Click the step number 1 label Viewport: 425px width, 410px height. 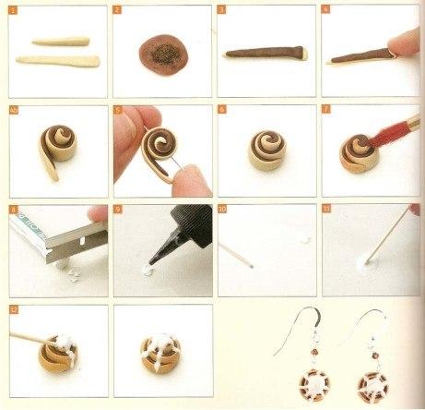(x=13, y=11)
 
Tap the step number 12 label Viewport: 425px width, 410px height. (x=13, y=310)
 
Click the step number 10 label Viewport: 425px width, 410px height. (x=222, y=210)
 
